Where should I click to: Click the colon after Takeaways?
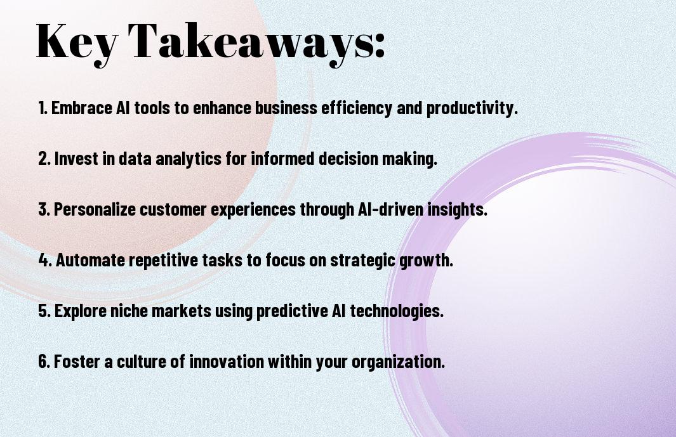(380, 45)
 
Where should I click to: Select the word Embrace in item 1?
(82, 108)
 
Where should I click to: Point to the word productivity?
(472, 108)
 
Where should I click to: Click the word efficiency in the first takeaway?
(357, 108)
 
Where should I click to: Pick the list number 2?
(44, 159)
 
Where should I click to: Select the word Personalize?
(95, 209)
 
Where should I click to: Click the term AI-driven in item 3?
(390, 209)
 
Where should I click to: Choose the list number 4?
(45, 260)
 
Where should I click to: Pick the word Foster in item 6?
(77, 362)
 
